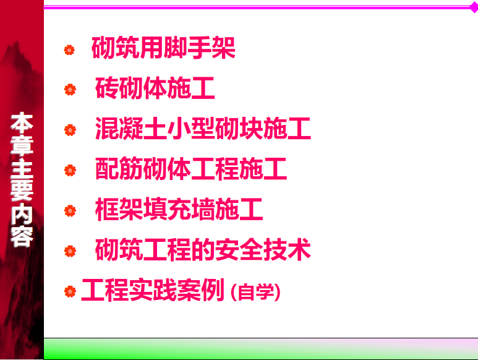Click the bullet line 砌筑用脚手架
coord(163,48)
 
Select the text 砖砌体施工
coord(155,88)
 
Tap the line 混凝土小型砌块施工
coord(203,128)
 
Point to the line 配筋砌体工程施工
coord(191,169)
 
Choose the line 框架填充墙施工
coord(179,209)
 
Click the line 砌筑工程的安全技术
coord(203,250)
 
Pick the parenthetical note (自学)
coord(255,292)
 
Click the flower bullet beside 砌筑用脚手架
coord(69,49)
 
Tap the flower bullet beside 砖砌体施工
coord(70,90)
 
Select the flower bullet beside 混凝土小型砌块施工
coord(70,130)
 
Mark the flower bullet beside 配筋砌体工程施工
coord(70,170)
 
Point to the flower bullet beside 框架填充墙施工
coord(70,211)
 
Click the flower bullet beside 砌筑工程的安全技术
coord(70,251)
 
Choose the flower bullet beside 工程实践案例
coord(70,291)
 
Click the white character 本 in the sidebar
coord(22,123)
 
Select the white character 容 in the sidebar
coord(22,236)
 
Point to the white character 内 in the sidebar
coord(22,214)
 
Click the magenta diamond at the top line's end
coord(474,7)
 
